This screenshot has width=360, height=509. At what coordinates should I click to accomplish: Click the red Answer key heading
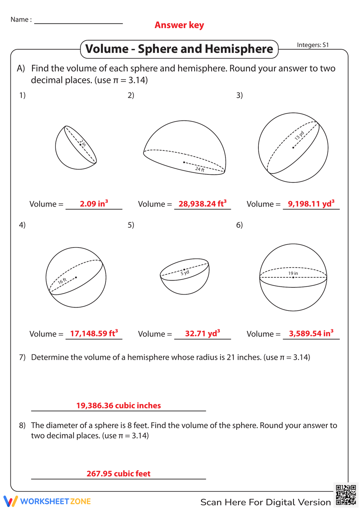179,25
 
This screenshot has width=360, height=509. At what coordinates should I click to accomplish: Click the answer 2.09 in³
94,204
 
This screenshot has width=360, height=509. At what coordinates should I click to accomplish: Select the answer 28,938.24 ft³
202,204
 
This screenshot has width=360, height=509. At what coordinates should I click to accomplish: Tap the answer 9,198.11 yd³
311,204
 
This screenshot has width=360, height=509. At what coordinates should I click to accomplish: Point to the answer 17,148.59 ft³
94,333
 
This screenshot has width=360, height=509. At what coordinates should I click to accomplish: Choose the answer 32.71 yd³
202,333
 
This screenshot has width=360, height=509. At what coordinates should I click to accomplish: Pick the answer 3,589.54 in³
311,333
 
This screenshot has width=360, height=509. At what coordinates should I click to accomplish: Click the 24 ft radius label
200,169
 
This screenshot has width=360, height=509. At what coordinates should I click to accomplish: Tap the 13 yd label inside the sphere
299,136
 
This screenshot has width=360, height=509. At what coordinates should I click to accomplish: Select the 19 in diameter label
293,273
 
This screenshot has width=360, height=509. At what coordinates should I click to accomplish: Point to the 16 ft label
62,281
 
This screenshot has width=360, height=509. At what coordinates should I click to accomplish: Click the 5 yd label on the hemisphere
185,273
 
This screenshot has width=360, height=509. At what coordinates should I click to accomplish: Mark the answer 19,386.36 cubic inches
118,405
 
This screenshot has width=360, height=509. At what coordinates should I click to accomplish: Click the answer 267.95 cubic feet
118,473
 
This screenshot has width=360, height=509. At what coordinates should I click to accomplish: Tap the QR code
346,495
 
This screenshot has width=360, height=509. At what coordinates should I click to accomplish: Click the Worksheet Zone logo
47,501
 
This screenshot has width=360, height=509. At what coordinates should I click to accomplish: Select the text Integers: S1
312,45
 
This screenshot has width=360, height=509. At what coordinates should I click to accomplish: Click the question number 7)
22,357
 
